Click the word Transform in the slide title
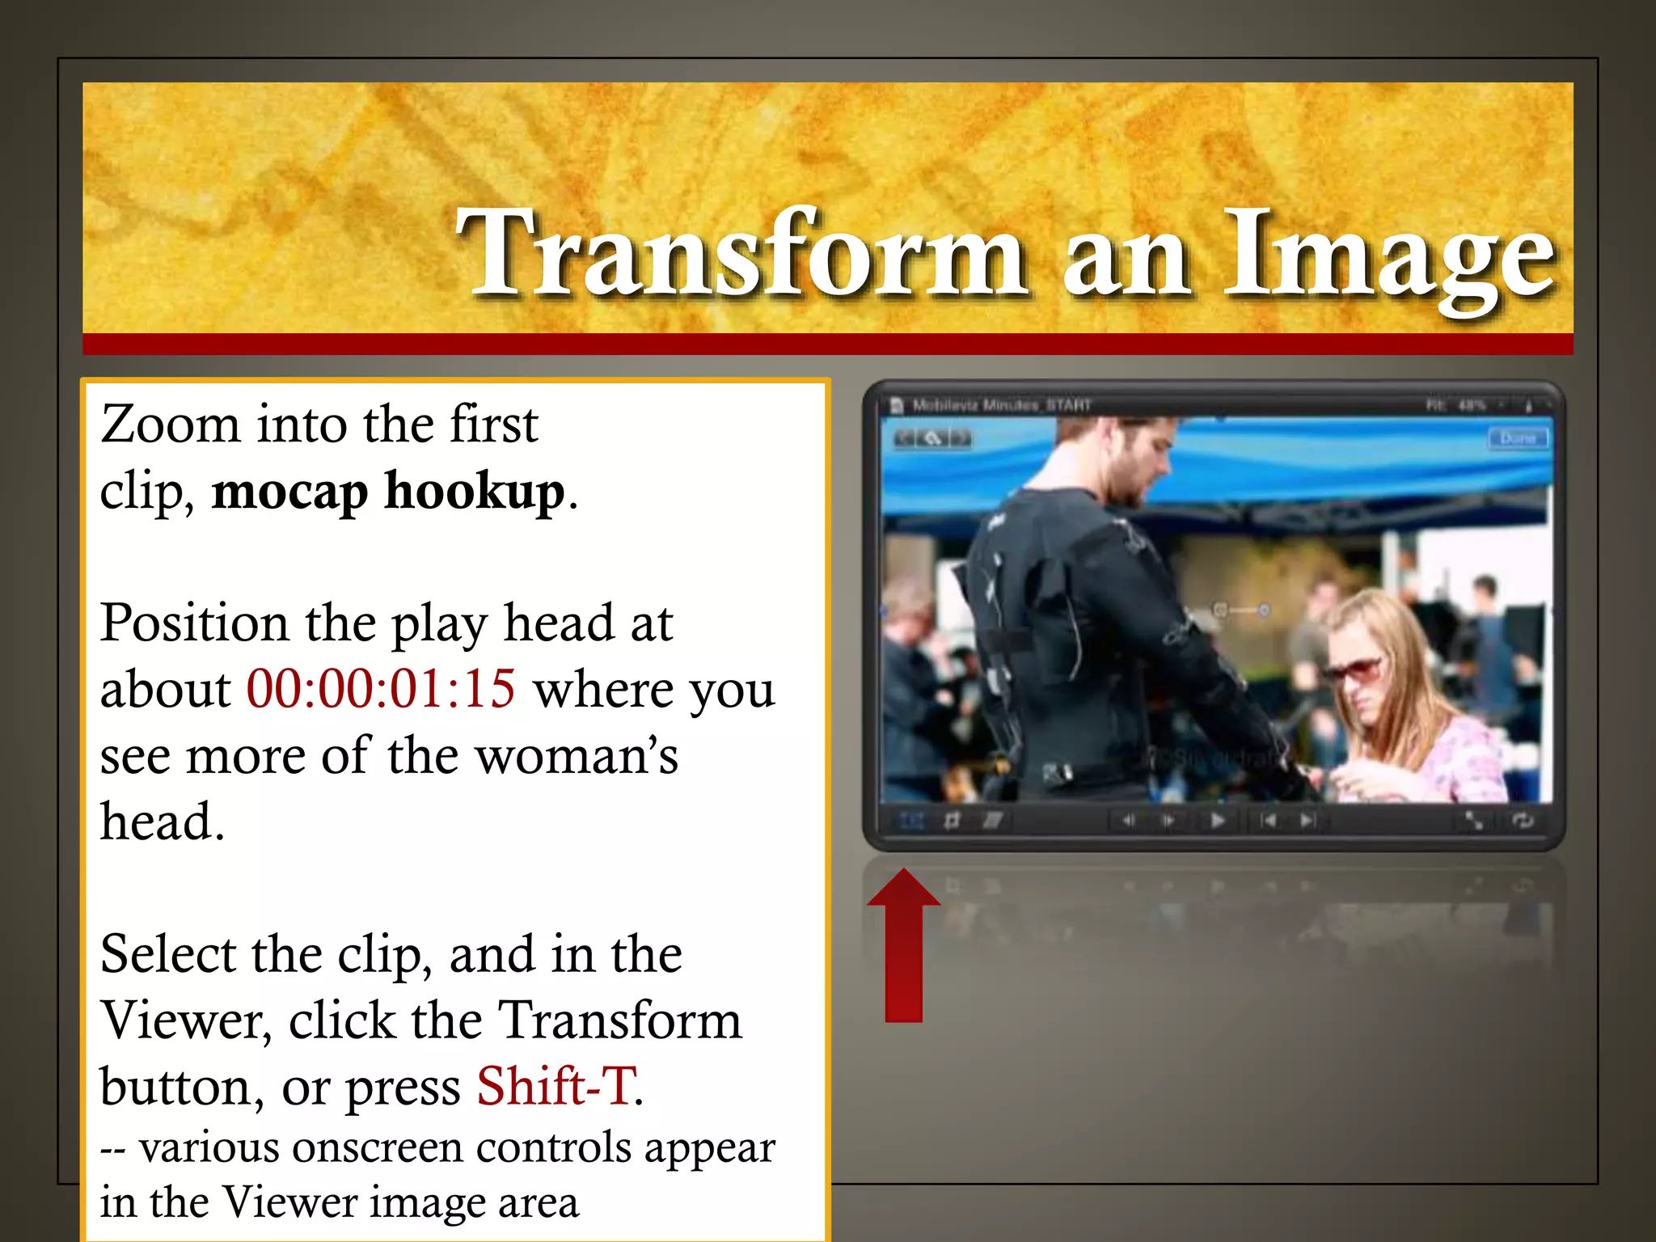click(x=740, y=252)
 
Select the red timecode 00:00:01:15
click(x=380, y=690)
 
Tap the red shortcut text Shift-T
click(x=556, y=1086)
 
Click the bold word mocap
click(x=289, y=492)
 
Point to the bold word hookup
click(x=474, y=492)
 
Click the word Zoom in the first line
click(x=170, y=424)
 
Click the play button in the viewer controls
click(x=1217, y=821)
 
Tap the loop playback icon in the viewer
click(x=1523, y=821)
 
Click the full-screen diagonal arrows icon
click(x=1474, y=821)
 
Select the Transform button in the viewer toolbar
click(x=911, y=821)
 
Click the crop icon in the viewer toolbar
click(x=953, y=821)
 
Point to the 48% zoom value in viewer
click(x=1471, y=404)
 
